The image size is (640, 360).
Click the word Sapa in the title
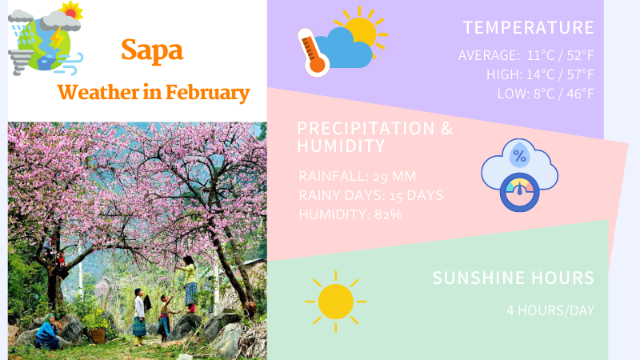pos(152,50)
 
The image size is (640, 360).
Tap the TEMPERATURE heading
pos(529,27)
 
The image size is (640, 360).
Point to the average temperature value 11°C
pos(543,56)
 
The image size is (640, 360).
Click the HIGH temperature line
pos(540,74)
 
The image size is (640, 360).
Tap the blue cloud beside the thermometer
pos(345,49)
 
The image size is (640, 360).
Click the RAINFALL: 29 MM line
pos(358,176)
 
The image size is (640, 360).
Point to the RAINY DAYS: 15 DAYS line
pos(370,195)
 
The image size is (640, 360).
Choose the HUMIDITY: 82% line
pos(350,214)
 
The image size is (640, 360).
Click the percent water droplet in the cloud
pos(519,155)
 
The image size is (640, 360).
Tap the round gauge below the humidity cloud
pos(519,194)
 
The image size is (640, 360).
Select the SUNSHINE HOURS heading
pos(514,278)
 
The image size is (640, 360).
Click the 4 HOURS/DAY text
pos(550,310)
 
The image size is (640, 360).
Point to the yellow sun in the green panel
pos(335,302)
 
